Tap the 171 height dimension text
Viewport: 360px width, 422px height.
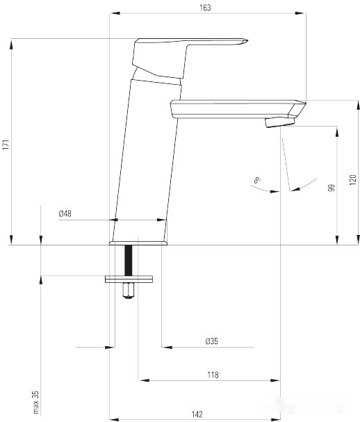(6, 145)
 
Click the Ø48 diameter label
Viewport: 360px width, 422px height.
(65, 213)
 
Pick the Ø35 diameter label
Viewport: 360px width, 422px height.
(211, 341)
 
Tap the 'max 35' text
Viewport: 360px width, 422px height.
(35, 402)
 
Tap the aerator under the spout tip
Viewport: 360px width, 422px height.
(280, 123)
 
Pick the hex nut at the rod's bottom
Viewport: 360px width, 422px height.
(128, 291)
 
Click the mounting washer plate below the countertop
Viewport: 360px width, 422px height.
(129, 279)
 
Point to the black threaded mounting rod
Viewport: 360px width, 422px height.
(128, 261)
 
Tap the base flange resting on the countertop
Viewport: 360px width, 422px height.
(138, 243)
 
